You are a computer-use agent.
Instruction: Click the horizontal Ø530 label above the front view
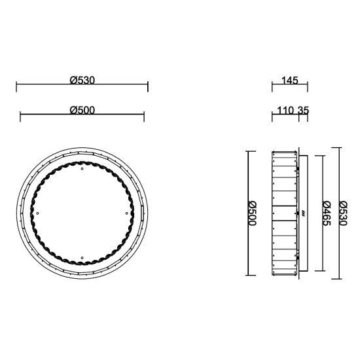pyautogui.click(x=82, y=81)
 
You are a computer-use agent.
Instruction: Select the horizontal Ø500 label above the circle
pyautogui.click(x=82, y=111)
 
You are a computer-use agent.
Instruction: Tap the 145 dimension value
pyautogui.click(x=290, y=81)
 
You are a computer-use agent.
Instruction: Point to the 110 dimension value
pyautogui.click(x=285, y=111)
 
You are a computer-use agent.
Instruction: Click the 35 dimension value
pyautogui.click(x=304, y=111)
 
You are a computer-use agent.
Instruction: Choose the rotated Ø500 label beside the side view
pyautogui.click(x=252, y=213)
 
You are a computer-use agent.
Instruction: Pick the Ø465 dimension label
pyautogui.click(x=326, y=213)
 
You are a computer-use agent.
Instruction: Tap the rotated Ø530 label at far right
pyautogui.click(x=344, y=213)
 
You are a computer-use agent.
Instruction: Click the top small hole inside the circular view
pyautogui.click(x=82, y=169)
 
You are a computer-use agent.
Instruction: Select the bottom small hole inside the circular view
pyautogui.click(x=82, y=258)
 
